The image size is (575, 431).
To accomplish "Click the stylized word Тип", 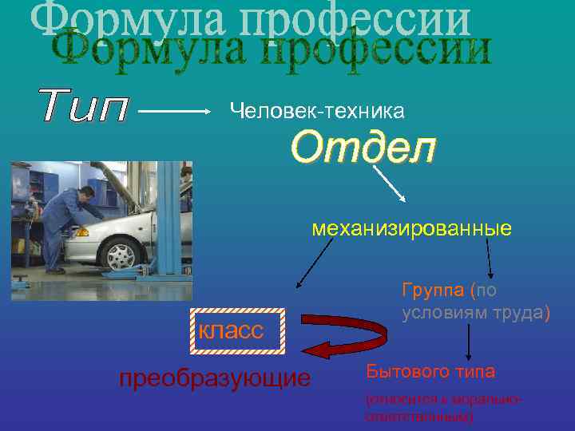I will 83,107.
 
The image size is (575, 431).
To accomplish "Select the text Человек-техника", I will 317,112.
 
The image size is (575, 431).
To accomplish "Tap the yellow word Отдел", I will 363,148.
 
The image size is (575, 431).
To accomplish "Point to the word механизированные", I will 411,230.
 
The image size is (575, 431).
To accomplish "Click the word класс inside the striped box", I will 231,330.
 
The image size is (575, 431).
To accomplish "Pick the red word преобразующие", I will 214,377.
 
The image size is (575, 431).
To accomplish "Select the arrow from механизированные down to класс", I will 314,264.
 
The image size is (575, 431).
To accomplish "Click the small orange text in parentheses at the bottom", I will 443,406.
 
